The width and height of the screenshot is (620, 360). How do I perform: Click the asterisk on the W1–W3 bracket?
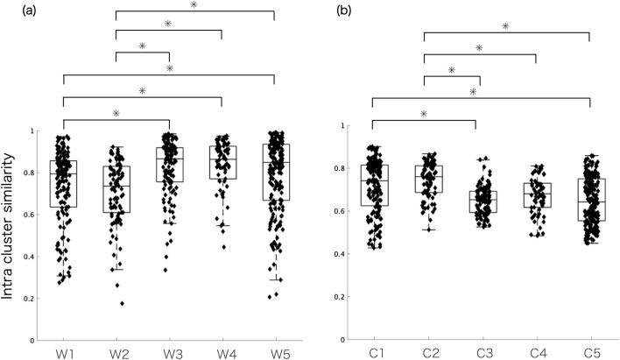tap(116, 112)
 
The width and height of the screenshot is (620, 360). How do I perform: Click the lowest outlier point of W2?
tap(122, 303)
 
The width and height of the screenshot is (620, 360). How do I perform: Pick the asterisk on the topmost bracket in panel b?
tap(505, 26)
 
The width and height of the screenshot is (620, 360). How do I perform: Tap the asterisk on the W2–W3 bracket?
tap(142, 46)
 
